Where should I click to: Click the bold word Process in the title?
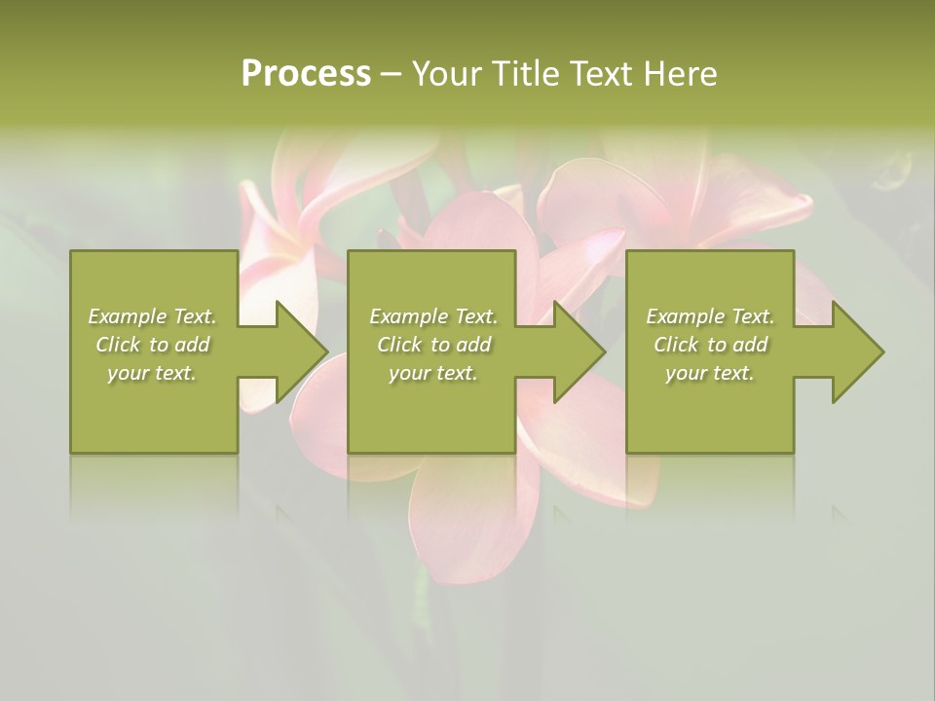click(306, 74)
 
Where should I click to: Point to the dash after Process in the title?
click(392, 75)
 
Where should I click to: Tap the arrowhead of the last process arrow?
click(858, 351)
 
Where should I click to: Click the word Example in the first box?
click(128, 316)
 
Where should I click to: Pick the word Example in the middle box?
click(409, 316)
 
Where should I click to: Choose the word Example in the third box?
click(686, 316)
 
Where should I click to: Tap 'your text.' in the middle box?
click(432, 373)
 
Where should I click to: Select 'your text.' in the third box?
click(710, 373)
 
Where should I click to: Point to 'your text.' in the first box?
click(152, 373)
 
